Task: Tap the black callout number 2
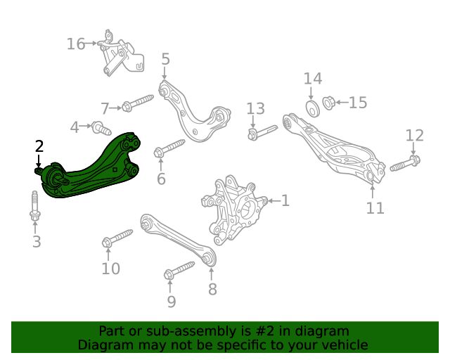(x=39, y=146)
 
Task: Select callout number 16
(x=76, y=44)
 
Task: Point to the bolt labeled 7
(x=138, y=103)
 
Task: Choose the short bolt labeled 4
(x=101, y=129)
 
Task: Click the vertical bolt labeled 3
(x=35, y=206)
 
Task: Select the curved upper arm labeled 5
(x=194, y=112)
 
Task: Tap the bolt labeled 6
(x=169, y=148)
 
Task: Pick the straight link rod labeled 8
(x=179, y=240)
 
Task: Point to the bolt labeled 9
(x=179, y=270)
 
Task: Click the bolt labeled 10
(x=117, y=238)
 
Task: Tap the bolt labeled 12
(x=405, y=163)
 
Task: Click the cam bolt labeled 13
(x=262, y=132)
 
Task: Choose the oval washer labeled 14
(x=313, y=109)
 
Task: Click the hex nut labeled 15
(x=328, y=103)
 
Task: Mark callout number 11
(x=375, y=208)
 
